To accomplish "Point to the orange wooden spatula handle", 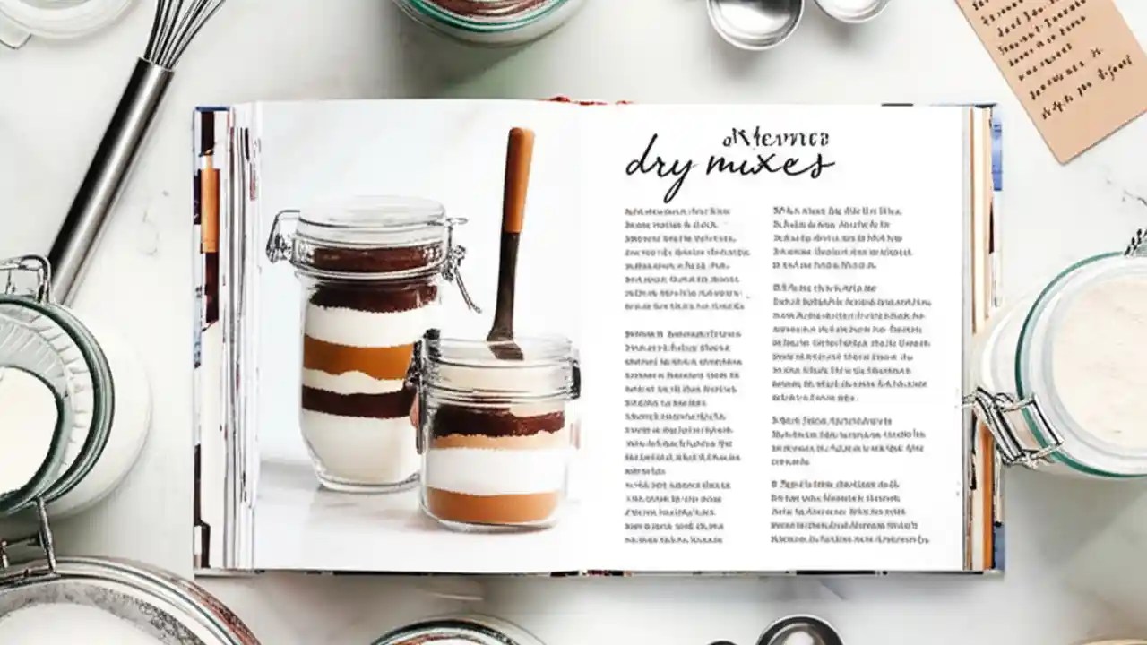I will (x=517, y=179).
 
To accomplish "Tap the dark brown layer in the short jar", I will (x=497, y=420).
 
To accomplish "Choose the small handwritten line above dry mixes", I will (x=776, y=138).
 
